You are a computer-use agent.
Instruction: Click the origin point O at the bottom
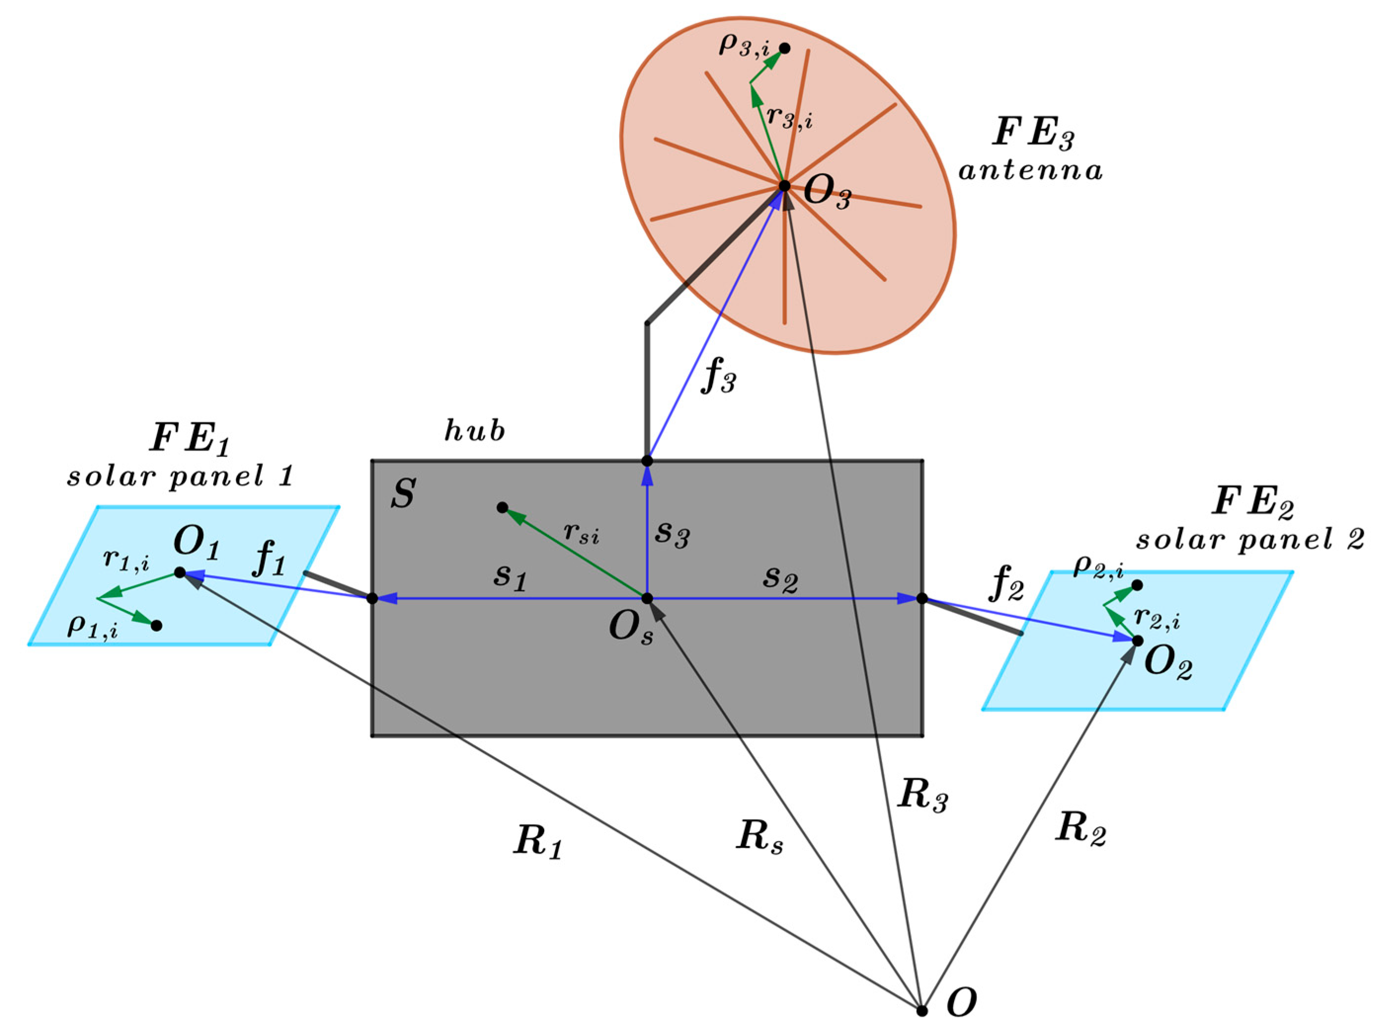coord(921,1010)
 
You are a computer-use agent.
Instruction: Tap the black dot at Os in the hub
coord(647,599)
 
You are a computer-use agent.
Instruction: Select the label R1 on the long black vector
coord(538,844)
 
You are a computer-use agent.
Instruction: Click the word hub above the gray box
coord(475,430)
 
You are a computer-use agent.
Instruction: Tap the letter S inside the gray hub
coord(403,494)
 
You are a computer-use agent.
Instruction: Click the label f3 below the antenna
coord(719,379)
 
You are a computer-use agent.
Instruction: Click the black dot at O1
coord(180,572)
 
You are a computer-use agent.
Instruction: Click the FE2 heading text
coord(1253,503)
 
